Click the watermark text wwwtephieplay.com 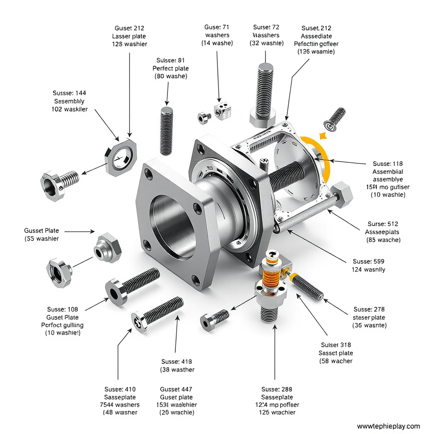[x=388, y=426]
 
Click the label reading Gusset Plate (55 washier [x=42, y=235]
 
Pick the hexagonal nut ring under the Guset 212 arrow [x=121, y=157]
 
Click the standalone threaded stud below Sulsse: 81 [x=167, y=131]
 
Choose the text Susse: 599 [x=368, y=262]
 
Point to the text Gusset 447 [x=176, y=389]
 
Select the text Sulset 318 [x=336, y=345]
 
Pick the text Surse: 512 [x=383, y=224]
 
